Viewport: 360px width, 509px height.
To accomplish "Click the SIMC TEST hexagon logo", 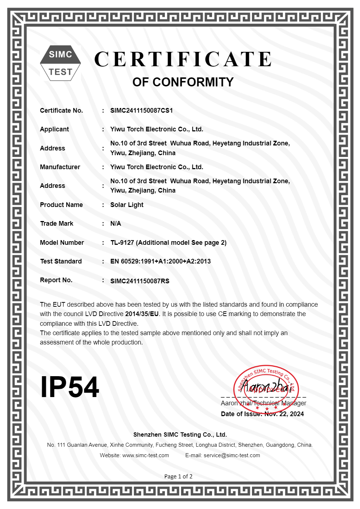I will point(60,63).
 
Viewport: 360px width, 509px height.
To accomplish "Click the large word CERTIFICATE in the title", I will point(183,59).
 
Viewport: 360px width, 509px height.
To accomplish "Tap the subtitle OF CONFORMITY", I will point(183,82).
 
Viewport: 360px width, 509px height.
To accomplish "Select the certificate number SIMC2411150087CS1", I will point(141,111).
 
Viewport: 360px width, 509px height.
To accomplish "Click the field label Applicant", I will point(54,129).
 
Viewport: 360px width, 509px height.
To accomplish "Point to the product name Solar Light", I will point(127,205).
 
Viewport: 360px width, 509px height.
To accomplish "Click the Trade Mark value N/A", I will point(116,224).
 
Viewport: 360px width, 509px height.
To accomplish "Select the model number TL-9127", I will point(122,243).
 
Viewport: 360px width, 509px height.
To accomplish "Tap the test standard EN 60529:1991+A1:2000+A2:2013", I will point(161,261).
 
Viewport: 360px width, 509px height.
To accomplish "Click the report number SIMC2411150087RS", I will point(140,281).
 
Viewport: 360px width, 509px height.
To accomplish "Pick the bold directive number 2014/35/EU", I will point(142,314).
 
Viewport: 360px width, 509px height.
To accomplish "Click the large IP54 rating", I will point(69,387).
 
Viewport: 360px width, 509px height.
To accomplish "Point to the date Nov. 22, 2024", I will point(284,414).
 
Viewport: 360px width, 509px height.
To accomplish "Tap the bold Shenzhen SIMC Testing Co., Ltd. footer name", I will point(180,434).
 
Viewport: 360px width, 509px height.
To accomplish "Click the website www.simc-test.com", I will point(145,455).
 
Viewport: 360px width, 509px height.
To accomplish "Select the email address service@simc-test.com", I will point(232,455).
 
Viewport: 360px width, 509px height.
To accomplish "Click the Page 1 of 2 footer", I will point(178,477).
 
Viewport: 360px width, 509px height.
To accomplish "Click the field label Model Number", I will point(62,243).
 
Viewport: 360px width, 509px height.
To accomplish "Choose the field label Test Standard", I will point(61,261).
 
